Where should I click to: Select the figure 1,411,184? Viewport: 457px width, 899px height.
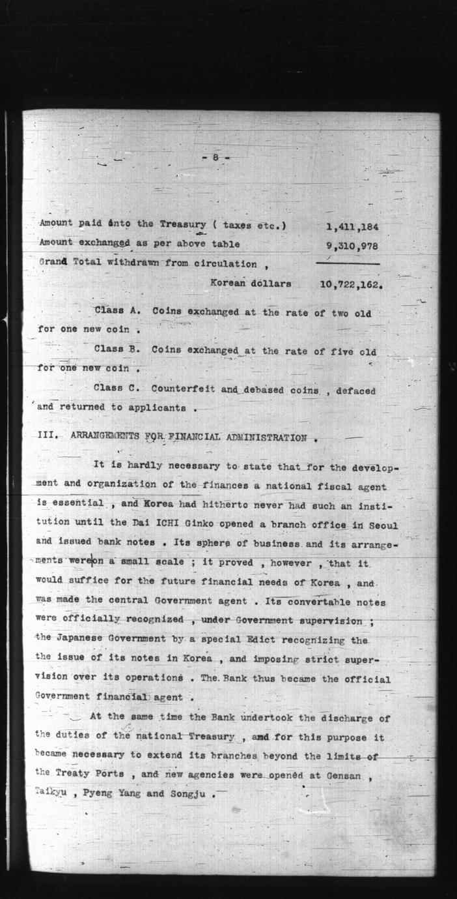pyautogui.click(x=352, y=226)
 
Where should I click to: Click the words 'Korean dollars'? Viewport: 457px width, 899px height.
pyautogui.click(x=251, y=284)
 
